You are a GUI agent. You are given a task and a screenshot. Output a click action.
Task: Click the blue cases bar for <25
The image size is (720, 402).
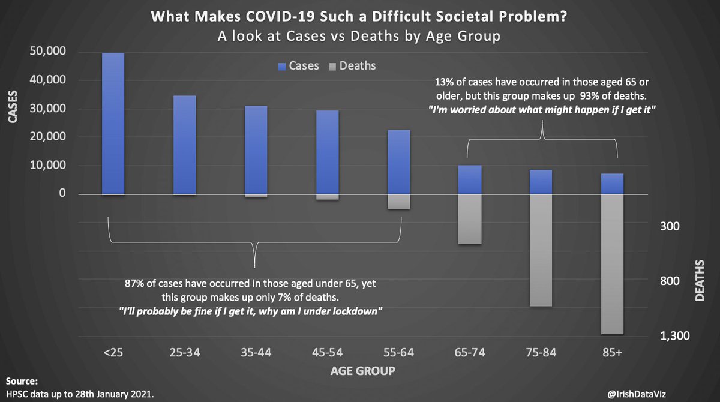click(113, 124)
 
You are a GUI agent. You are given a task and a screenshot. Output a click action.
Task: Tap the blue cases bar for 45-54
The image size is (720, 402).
click(328, 152)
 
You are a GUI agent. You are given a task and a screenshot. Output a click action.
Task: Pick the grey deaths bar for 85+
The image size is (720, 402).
click(613, 264)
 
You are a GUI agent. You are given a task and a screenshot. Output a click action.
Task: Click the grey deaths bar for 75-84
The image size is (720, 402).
click(541, 250)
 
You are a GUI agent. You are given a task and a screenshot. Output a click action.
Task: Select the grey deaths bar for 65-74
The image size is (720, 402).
click(470, 219)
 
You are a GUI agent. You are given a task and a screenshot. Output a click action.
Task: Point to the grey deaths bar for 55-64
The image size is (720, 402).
click(398, 202)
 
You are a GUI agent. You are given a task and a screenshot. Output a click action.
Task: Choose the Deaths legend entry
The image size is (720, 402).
click(352, 65)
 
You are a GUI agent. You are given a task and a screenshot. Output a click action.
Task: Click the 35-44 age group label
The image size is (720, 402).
click(256, 354)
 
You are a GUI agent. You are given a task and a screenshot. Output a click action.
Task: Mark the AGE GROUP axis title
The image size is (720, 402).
click(362, 371)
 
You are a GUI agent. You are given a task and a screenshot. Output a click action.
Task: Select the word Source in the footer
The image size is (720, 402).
click(22, 381)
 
